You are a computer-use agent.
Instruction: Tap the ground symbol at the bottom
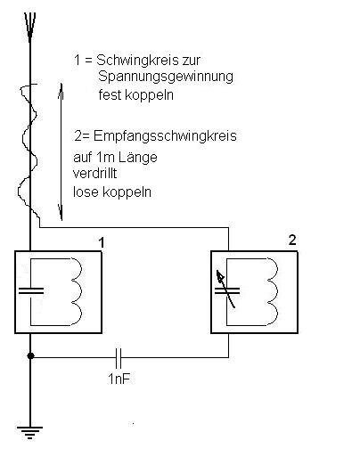pyautogui.click(x=29, y=432)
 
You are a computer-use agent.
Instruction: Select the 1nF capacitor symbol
pyautogui.click(x=119, y=358)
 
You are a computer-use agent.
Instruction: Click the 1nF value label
pyautogui.click(x=119, y=379)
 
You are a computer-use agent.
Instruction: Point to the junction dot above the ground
pyautogui.click(x=30, y=355)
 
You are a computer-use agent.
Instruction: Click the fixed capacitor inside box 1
pyautogui.click(x=31, y=291)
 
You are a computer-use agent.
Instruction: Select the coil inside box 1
pyautogui.click(x=76, y=291)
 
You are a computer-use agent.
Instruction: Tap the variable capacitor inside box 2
pyautogui.click(x=227, y=290)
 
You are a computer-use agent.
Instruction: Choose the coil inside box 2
pyautogui.click(x=272, y=291)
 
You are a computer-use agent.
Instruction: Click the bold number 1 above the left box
pyautogui.click(x=102, y=242)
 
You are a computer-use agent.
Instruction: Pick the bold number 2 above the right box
pyautogui.click(x=292, y=240)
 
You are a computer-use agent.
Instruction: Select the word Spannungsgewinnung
pyautogui.click(x=166, y=77)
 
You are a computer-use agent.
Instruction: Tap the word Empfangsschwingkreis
pyautogui.click(x=165, y=136)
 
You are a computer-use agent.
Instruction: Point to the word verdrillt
pyautogui.click(x=94, y=174)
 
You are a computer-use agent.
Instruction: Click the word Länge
pyautogui.click(x=138, y=157)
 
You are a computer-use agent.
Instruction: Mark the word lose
pyautogui.click(x=86, y=192)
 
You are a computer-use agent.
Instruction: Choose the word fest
pyautogui.click(x=109, y=95)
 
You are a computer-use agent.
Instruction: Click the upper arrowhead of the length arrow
pyautogui.click(x=61, y=91)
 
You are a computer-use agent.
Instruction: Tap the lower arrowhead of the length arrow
pyautogui.click(x=61, y=213)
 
